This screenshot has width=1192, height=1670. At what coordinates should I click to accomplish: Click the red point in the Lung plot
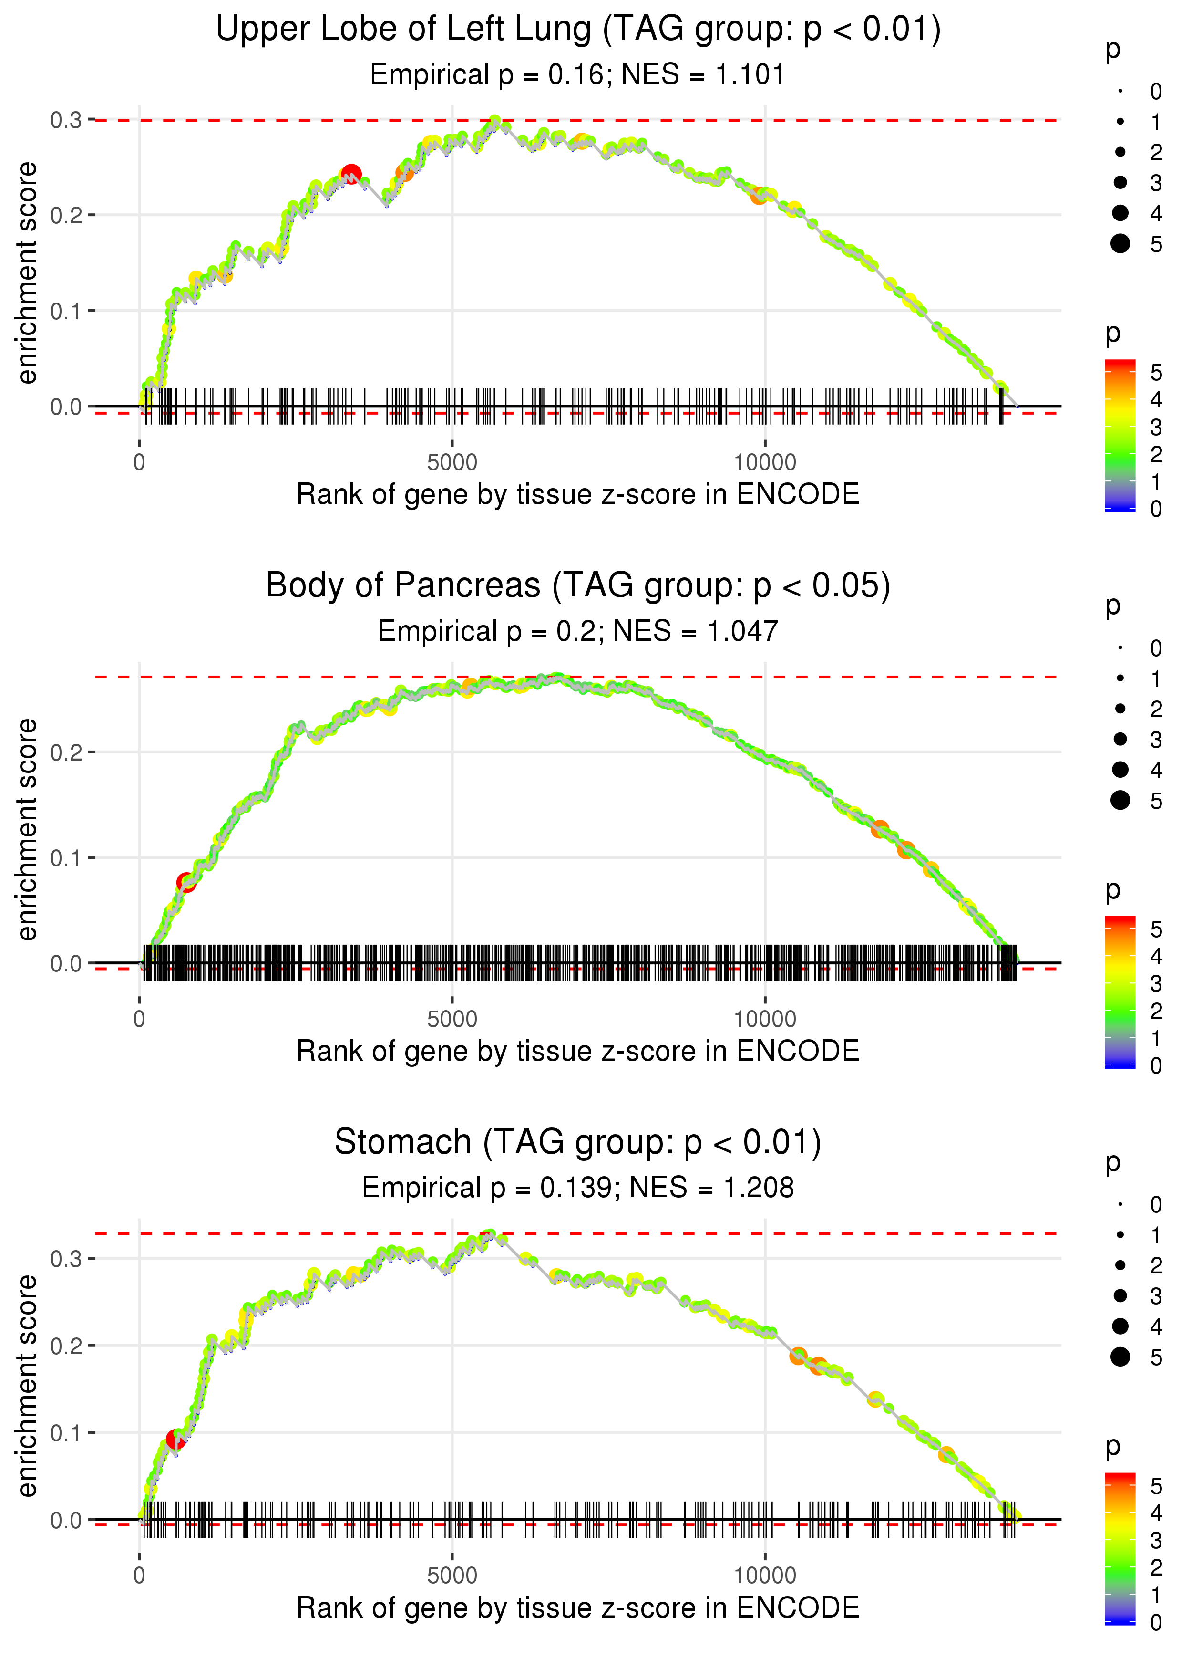pos(351,175)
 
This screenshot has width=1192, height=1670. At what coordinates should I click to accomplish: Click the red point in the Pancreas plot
pos(186,883)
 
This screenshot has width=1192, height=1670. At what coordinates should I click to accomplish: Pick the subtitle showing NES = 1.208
pos(578,1188)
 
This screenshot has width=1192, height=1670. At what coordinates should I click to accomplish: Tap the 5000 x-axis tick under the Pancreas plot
pos(452,1019)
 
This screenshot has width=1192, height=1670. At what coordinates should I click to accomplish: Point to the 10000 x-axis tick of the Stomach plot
pos(765,1576)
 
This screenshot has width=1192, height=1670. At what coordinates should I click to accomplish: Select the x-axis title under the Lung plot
pos(578,495)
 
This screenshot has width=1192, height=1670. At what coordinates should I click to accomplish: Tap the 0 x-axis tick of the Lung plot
pos(139,463)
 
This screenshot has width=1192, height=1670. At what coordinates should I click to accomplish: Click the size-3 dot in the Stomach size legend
pos(1120,1295)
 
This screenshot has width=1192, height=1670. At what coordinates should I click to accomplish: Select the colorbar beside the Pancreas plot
pos(1120,992)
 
